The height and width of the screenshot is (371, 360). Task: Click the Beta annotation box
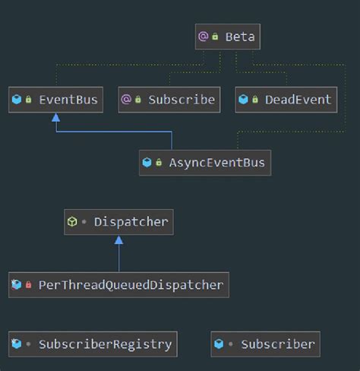(227, 36)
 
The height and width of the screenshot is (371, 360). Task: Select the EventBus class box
(55, 100)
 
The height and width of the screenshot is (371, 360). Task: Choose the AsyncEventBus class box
(205, 162)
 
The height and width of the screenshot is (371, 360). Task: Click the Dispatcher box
(118, 222)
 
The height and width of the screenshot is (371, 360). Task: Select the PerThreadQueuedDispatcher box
(118, 285)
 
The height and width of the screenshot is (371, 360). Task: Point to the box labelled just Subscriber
(266, 344)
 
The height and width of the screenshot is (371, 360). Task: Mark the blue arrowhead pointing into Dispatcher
(118, 240)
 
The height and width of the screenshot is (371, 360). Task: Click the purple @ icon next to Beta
(203, 36)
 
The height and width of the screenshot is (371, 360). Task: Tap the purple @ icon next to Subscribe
(126, 100)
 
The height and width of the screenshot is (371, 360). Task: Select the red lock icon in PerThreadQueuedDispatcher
(29, 286)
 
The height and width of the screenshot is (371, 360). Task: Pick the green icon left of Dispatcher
(71, 222)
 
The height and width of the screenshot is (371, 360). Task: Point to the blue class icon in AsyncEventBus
(147, 162)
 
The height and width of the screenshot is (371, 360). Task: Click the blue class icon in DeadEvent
(243, 100)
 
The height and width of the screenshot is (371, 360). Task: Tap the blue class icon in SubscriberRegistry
(16, 344)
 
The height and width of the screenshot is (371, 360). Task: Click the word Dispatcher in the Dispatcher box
(131, 222)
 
